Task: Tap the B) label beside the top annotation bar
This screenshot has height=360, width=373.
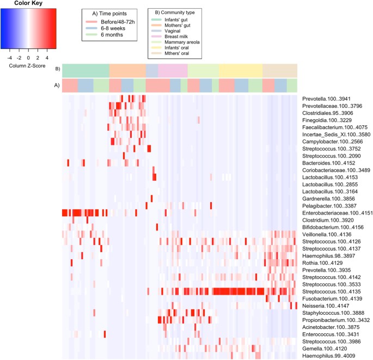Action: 57,69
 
